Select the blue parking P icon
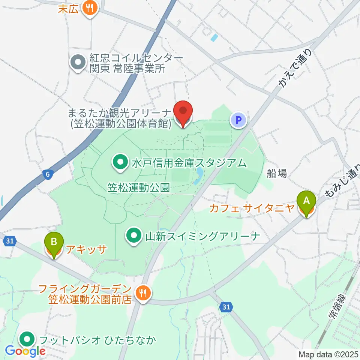pos(238,120)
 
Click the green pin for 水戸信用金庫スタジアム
pos(121,163)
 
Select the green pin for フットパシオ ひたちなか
pos(27,340)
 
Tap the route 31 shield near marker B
pos(10,242)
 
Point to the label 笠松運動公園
pos(139,187)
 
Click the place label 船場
pos(277,173)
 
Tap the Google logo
pos(25,351)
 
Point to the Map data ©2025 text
pos(328,354)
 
